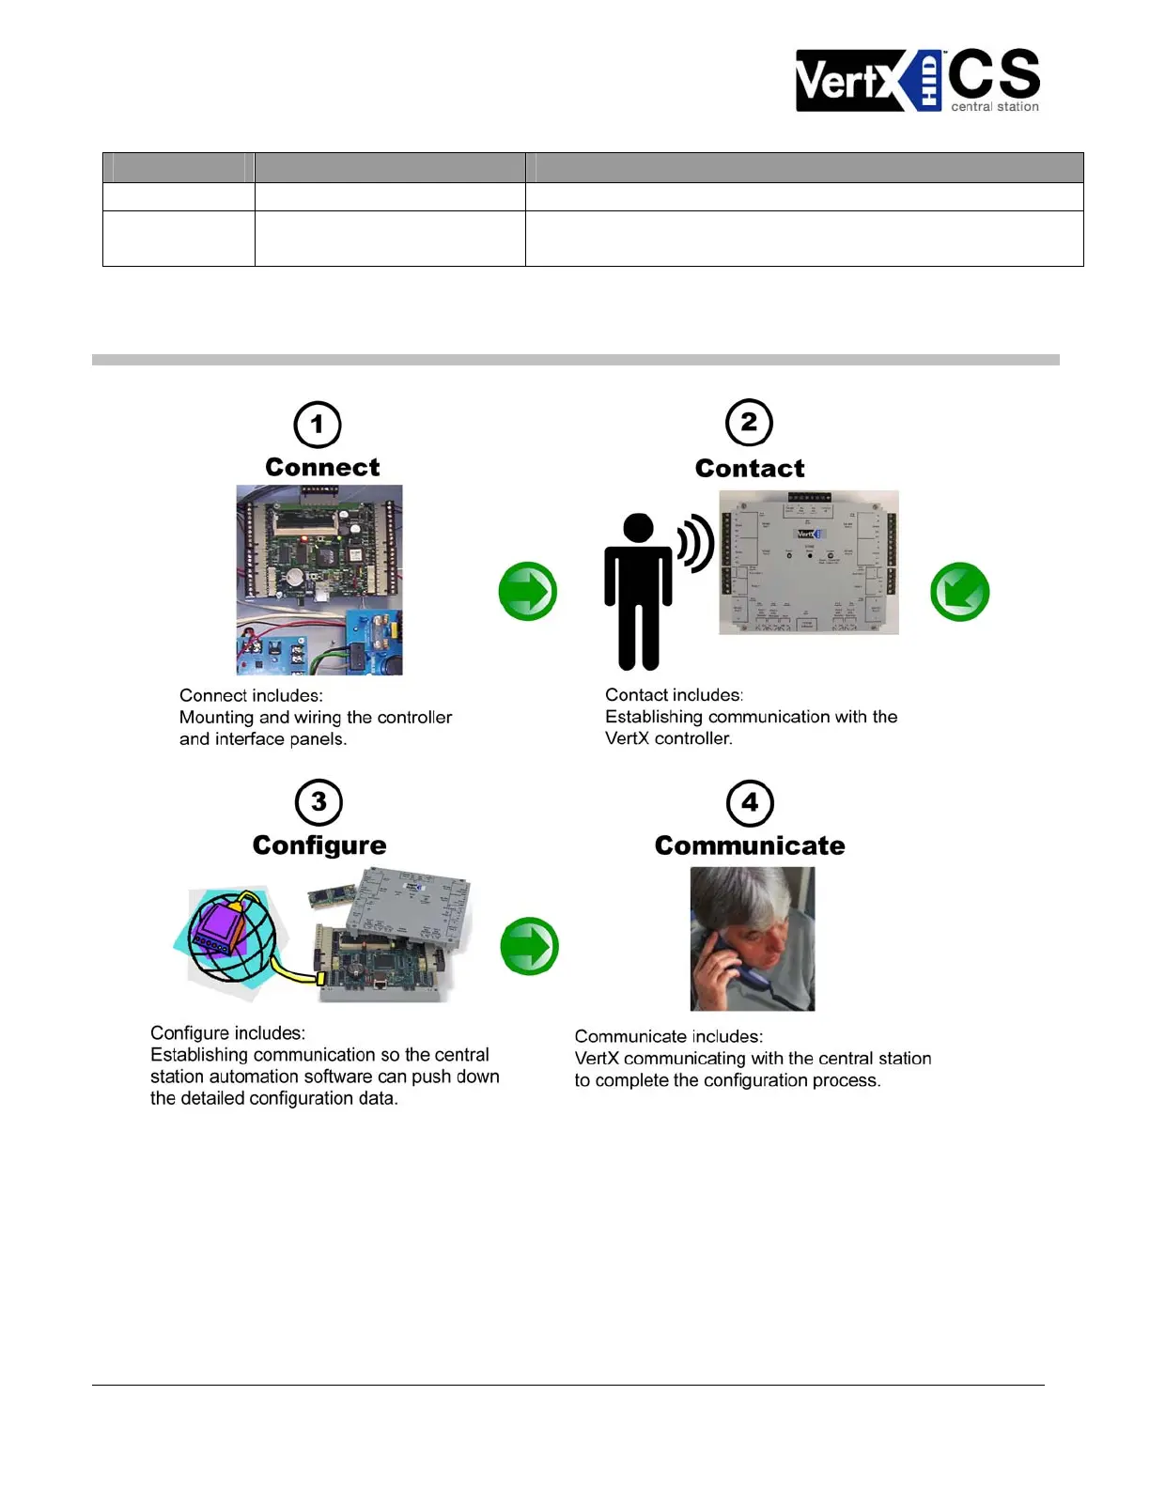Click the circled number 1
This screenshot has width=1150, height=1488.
point(318,426)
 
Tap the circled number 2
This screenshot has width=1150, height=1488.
point(749,424)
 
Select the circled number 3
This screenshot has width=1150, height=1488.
point(319,802)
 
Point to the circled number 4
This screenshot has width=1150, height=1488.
point(750,803)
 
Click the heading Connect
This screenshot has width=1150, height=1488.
point(322,467)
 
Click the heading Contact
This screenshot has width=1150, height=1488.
point(750,468)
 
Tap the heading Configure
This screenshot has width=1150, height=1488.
point(319,845)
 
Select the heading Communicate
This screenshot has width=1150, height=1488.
point(750,845)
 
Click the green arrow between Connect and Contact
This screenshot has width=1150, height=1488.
point(528,592)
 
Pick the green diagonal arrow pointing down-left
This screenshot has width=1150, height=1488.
point(959,592)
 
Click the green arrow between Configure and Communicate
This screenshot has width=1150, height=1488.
point(530,946)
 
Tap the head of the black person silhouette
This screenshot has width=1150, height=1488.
point(639,528)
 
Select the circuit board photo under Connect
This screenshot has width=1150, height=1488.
point(319,580)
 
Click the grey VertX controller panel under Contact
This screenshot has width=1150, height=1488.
point(809,563)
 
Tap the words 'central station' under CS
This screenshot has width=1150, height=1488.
point(995,107)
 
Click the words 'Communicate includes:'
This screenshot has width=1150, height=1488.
point(669,1036)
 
